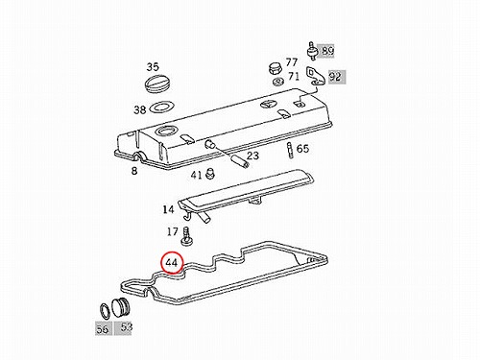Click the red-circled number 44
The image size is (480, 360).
pos(172,263)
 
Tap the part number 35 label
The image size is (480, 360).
pos(153,67)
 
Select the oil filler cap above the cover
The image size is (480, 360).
pos(157,84)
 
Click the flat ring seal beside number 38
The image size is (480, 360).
pos(161,107)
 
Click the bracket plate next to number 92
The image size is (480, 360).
pos(315,77)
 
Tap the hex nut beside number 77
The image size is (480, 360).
pos(275,68)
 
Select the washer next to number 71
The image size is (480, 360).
pos(278,82)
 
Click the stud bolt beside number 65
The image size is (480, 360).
pos(290,151)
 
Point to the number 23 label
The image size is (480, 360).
pos(252,156)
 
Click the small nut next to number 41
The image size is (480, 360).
pos(210,174)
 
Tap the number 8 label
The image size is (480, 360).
pos(134,171)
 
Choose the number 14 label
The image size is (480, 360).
pos(168,209)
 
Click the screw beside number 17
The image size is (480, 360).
pos(186,237)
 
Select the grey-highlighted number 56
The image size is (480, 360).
pos(103,329)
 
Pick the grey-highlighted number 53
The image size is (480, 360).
pos(127,326)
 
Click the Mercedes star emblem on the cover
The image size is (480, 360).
pos(268,106)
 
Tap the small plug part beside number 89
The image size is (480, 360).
pos(311,51)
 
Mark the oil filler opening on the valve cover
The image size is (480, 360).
pos(166,131)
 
